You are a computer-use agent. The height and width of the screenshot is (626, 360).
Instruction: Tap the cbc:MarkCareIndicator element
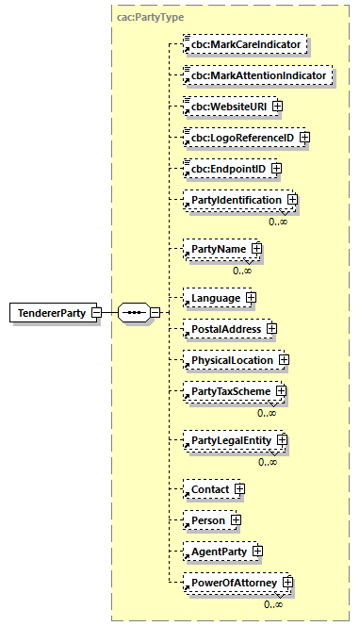[x=246, y=44]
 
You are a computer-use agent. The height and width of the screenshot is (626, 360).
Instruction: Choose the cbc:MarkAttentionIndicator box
[x=257, y=74]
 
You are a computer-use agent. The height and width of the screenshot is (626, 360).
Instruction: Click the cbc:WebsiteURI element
[x=225, y=107]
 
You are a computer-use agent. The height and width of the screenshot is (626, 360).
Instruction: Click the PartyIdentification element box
[x=236, y=200]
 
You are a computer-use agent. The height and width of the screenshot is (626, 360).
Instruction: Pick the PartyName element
[x=219, y=249]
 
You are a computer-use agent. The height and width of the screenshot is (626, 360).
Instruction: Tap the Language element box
[x=215, y=298]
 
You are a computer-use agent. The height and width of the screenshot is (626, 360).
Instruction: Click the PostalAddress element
[x=226, y=329]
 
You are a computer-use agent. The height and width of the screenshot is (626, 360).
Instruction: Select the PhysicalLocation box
[x=232, y=360]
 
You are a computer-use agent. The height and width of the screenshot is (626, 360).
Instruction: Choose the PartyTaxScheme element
[x=231, y=391]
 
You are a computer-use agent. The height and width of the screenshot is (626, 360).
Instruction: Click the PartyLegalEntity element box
[x=232, y=440]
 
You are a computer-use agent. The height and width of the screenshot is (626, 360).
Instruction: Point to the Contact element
[x=210, y=490]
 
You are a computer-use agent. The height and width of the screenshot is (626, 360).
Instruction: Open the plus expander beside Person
[x=236, y=520]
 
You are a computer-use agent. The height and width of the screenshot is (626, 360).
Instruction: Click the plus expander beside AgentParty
[x=257, y=552]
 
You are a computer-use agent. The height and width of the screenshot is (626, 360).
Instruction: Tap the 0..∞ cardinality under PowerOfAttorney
[x=273, y=604]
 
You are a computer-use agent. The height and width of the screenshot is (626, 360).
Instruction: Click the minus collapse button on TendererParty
[x=96, y=312]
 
